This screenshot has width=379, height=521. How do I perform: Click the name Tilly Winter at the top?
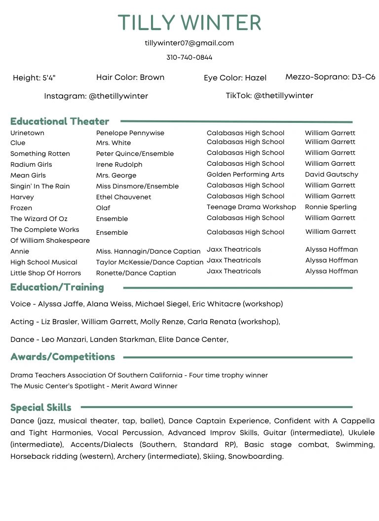[189, 23]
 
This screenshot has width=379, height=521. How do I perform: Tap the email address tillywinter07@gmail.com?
[189, 43]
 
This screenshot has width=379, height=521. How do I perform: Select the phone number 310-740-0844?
[189, 57]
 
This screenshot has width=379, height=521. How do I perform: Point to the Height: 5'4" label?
[34, 78]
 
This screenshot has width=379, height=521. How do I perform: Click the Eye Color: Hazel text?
[235, 78]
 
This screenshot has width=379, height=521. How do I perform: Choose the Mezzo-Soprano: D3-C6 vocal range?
[330, 77]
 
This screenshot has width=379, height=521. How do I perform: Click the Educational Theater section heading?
[60, 121]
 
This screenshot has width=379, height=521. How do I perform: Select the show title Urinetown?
[27, 133]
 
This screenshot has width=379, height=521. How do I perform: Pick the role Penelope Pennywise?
[130, 133]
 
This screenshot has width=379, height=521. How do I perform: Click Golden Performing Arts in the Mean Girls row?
[245, 174]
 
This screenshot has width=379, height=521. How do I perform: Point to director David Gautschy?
[332, 174]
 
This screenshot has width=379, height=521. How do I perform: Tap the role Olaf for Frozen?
[103, 208]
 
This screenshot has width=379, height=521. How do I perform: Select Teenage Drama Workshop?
[251, 207]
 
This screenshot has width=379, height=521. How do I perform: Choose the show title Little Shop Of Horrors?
[45, 273]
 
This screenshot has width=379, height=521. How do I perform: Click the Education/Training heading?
[57, 287]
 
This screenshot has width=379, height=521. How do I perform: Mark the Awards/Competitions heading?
[63, 357]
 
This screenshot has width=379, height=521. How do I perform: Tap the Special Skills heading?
[41, 408]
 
